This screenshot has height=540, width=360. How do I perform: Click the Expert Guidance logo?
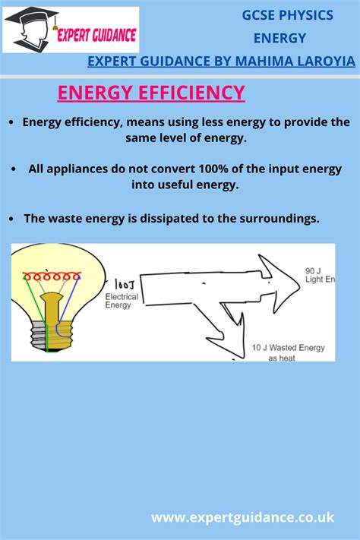(x=71, y=30)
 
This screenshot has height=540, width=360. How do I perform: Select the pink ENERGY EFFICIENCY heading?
(x=151, y=93)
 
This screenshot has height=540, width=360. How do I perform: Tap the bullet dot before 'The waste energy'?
(x=12, y=219)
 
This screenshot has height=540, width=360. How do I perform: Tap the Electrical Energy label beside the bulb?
(x=122, y=302)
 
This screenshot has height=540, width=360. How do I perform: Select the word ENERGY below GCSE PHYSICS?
(x=280, y=38)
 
